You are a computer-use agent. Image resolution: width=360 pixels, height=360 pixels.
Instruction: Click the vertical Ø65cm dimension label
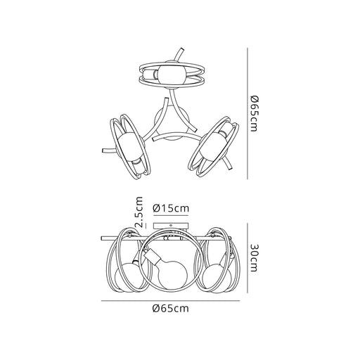[254, 114]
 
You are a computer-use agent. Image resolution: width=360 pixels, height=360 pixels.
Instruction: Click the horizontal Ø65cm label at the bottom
[170, 309]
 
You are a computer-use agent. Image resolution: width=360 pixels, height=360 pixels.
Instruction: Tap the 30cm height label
[254, 258]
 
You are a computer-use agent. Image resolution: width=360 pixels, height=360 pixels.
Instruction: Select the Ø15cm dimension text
[170, 208]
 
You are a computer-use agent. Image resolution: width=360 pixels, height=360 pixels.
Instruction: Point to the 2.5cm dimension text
[139, 212]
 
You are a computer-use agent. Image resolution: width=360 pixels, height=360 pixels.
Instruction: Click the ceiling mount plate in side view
[171, 226]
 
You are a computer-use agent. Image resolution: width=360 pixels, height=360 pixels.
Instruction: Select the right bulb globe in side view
[217, 278]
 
